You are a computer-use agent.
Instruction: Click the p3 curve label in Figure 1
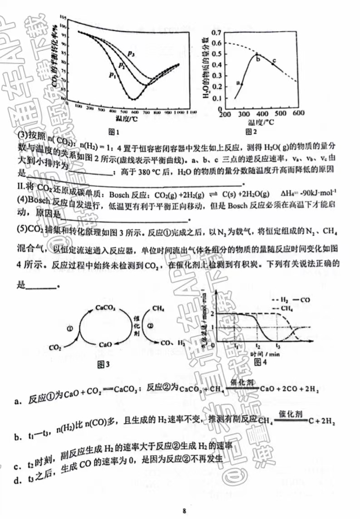coord(131,54)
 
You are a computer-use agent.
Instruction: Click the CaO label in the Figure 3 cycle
coord(105,344)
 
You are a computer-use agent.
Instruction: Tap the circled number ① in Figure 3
coord(69,328)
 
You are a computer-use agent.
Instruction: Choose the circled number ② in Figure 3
coord(150,327)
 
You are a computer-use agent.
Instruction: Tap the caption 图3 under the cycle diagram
coord(104,363)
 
